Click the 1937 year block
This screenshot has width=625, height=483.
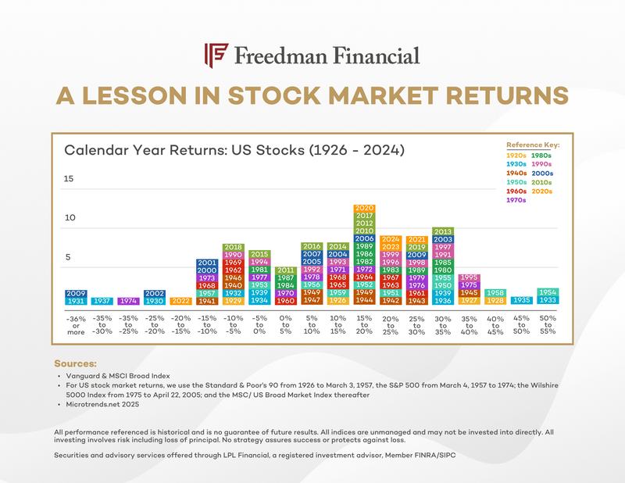(x=102, y=301)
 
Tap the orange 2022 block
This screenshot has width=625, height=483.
(x=180, y=301)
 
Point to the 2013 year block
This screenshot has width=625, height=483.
(x=443, y=231)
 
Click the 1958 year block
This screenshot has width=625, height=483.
(x=495, y=292)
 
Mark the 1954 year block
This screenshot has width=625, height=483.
(x=548, y=292)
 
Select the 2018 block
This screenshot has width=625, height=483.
(x=233, y=247)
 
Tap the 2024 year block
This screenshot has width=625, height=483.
(x=391, y=239)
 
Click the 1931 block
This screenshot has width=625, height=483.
(x=76, y=301)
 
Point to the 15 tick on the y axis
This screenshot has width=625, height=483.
(x=69, y=179)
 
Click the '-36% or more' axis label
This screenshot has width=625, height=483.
(x=76, y=325)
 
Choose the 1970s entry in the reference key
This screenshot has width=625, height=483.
(x=516, y=200)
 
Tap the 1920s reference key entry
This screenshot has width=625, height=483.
(x=516, y=156)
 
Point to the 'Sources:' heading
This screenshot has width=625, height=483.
(x=75, y=364)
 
